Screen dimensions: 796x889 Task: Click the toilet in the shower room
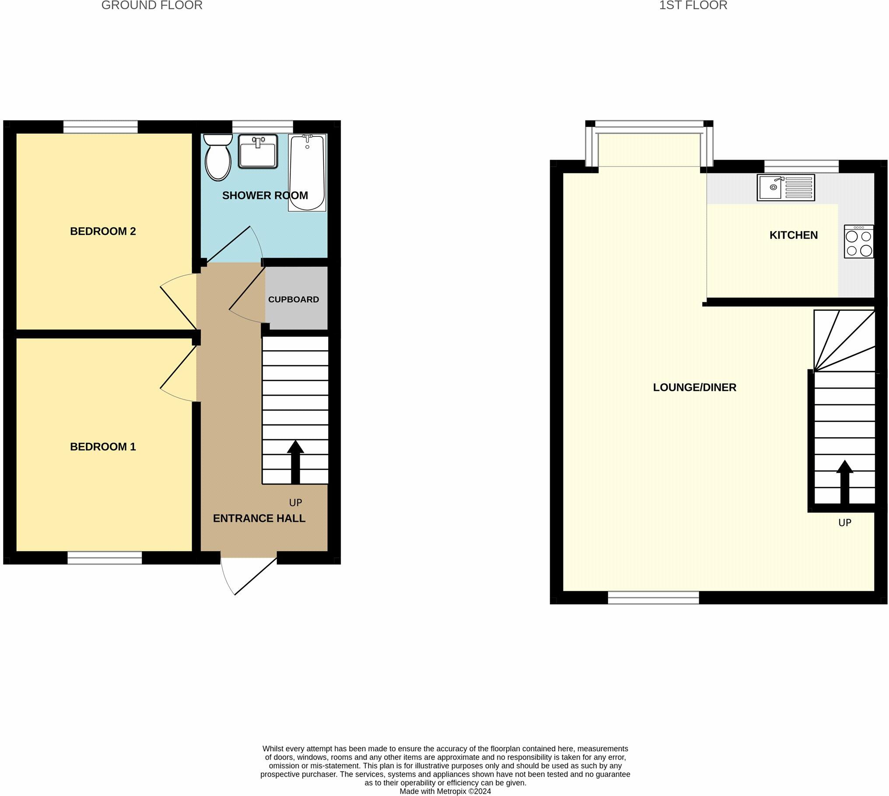pyautogui.click(x=218, y=157)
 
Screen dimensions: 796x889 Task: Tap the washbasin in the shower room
pyautogui.click(x=258, y=151)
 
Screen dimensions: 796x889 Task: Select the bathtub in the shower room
pyautogui.click(x=307, y=173)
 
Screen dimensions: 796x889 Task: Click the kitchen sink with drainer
pyautogui.click(x=785, y=188)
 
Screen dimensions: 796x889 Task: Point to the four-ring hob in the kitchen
pyautogui.click(x=858, y=242)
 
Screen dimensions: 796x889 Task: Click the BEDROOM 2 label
pyautogui.click(x=103, y=231)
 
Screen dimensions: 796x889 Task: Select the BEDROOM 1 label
pyautogui.click(x=103, y=447)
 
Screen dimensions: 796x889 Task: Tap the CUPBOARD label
pyautogui.click(x=293, y=299)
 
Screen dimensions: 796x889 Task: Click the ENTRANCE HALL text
pyautogui.click(x=259, y=518)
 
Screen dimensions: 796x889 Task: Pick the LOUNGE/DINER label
pyautogui.click(x=694, y=387)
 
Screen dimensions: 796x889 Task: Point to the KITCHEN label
pyautogui.click(x=793, y=235)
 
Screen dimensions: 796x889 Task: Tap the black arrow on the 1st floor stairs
pyautogui.click(x=844, y=481)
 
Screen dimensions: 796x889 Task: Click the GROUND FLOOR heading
pyautogui.click(x=152, y=6)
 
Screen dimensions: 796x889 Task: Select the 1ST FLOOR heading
pyautogui.click(x=693, y=6)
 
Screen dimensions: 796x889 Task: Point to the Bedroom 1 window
pyautogui.click(x=105, y=558)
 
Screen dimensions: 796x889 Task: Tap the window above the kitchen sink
pyautogui.click(x=801, y=166)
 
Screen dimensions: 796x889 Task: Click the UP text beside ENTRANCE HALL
pyautogui.click(x=295, y=503)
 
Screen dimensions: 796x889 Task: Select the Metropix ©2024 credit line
pyautogui.click(x=445, y=791)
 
